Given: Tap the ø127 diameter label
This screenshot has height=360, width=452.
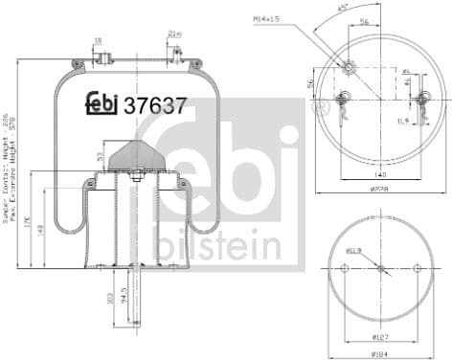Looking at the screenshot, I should pos(380,336).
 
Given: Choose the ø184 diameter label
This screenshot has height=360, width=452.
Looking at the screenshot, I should pos(380,354).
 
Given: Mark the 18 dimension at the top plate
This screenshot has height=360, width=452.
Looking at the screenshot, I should pos(99,41).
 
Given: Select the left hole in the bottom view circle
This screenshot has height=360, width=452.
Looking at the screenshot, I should pos(343,268).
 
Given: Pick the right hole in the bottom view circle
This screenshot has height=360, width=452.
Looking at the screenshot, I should pos(417,268).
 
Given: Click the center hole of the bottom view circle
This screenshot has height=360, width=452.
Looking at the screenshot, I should pos(380,268).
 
